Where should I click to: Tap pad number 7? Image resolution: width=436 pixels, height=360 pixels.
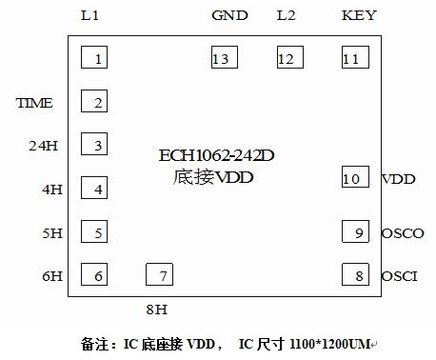pyautogui.click(x=160, y=275)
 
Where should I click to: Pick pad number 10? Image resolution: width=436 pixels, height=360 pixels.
pyautogui.click(x=355, y=177)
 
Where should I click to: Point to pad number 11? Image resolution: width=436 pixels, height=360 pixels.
pyautogui.click(x=355, y=58)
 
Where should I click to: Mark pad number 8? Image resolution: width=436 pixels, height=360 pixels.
pyautogui.click(x=355, y=275)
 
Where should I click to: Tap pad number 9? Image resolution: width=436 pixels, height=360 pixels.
pyautogui.click(x=355, y=232)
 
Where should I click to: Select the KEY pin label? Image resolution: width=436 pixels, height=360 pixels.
pyautogui.click(x=358, y=15)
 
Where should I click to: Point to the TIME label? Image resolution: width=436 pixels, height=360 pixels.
pyautogui.click(x=34, y=103)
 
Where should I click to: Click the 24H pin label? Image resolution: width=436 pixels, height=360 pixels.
pyautogui.click(x=44, y=146)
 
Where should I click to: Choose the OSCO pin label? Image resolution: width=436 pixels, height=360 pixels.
pyautogui.click(x=402, y=233)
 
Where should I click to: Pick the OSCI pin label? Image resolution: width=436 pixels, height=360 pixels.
pyautogui.click(x=400, y=276)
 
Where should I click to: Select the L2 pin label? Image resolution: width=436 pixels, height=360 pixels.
pyautogui.click(x=287, y=15)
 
